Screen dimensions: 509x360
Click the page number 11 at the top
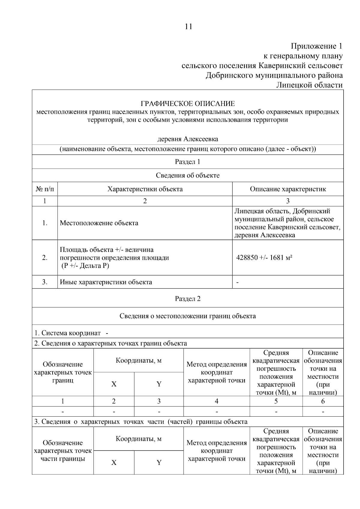point(188,27)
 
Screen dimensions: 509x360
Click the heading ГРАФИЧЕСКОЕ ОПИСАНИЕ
point(188,104)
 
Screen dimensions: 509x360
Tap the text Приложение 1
point(316,46)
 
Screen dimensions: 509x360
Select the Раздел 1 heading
point(187,162)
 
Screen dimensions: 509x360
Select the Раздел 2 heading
point(187,299)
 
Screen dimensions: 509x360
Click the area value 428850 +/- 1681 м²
point(264,258)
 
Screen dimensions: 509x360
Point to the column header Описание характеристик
point(288,189)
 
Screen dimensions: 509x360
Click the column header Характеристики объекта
point(145,189)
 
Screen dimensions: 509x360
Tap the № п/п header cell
point(45,189)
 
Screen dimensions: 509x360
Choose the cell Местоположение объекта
point(99,223)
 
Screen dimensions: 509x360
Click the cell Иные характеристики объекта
point(106,282)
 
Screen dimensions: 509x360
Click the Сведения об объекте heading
point(187,176)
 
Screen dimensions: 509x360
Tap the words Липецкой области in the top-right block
point(309,85)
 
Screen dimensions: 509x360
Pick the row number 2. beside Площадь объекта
point(45,258)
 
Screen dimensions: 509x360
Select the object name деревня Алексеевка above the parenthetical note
point(188,139)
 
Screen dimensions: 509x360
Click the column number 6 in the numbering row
point(323,401)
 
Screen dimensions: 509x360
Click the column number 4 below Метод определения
point(216,401)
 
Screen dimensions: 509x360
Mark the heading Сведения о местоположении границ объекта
point(187,316)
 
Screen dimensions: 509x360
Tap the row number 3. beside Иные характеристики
point(45,282)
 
